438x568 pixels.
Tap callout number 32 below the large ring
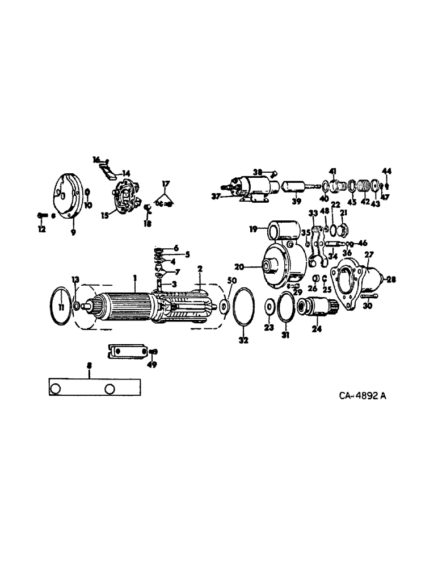(x=244, y=341)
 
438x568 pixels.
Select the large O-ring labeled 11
(x=60, y=307)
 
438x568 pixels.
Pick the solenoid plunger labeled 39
(x=297, y=187)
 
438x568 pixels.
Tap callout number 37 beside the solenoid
(x=215, y=197)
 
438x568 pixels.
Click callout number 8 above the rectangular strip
(x=89, y=367)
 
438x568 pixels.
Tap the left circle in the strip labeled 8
(x=56, y=389)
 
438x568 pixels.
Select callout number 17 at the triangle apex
(x=165, y=183)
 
